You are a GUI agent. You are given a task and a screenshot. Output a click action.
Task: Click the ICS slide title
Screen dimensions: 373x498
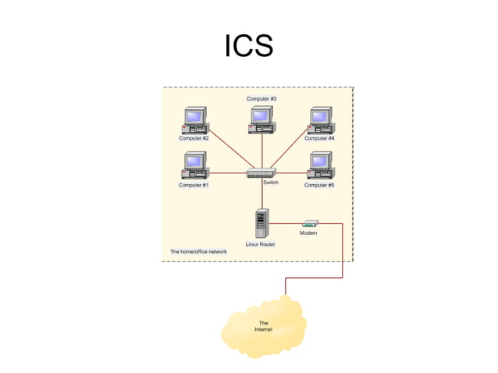pyautogui.click(x=249, y=46)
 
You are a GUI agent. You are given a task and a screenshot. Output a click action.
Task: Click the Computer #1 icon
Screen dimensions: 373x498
pyautogui.click(x=194, y=166)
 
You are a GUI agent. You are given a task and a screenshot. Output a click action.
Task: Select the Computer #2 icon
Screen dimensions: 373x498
pyautogui.click(x=194, y=119)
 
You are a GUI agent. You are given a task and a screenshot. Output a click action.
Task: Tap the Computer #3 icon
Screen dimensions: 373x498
pyautogui.click(x=261, y=119)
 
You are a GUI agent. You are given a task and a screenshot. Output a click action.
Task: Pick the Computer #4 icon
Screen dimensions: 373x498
pyautogui.click(x=319, y=119)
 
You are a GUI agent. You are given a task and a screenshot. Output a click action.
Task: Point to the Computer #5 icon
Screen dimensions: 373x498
pyautogui.click(x=319, y=166)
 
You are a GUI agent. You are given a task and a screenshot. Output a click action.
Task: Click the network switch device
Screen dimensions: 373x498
pyautogui.click(x=261, y=173)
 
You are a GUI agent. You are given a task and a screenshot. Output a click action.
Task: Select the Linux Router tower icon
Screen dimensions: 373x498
pyautogui.click(x=261, y=223)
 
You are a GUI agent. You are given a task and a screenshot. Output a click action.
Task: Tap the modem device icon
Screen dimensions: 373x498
pyautogui.click(x=309, y=224)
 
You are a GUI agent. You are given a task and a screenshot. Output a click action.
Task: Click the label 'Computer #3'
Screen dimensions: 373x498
pyautogui.click(x=261, y=99)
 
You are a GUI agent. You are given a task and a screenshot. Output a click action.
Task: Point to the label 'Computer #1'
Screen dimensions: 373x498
pyautogui.click(x=194, y=185)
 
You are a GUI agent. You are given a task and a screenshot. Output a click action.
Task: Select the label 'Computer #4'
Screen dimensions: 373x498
pyautogui.click(x=319, y=138)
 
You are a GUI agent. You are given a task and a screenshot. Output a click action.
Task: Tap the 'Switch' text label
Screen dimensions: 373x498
pyautogui.click(x=271, y=183)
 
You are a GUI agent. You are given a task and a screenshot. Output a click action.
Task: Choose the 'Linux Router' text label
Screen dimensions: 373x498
pyautogui.click(x=261, y=244)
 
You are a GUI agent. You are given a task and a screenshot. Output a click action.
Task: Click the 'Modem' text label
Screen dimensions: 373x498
pyautogui.click(x=308, y=233)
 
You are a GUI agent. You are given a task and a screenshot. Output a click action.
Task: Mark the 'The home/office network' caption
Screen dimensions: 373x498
pyautogui.click(x=198, y=252)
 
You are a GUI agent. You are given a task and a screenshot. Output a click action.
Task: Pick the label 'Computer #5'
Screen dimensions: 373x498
pyautogui.click(x=319, y=185)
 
